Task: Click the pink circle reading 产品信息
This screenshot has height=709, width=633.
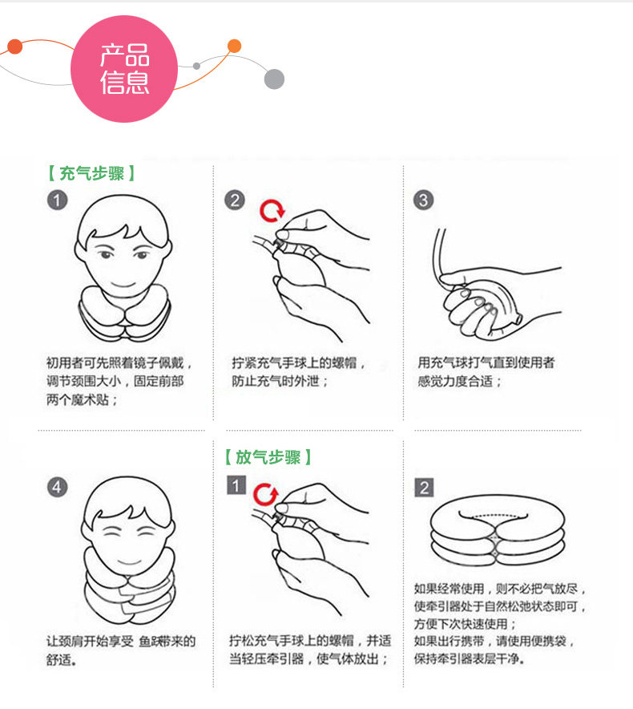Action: [125, 70]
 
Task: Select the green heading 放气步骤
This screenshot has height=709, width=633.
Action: [268, 457]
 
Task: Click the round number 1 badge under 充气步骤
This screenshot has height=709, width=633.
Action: [57, 200]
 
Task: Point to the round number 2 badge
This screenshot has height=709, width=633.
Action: [234, 200]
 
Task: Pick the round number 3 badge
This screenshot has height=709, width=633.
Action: [423, 200]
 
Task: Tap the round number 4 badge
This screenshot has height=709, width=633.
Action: [57, 487]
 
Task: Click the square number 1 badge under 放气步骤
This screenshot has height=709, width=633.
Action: [236, 485]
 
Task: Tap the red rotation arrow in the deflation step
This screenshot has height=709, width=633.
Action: [264, 492]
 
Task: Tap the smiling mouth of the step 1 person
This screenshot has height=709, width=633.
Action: [122, 284]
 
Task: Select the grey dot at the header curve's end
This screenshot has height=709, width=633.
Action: [274, 79]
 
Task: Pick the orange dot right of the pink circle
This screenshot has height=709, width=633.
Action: [234, 46]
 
